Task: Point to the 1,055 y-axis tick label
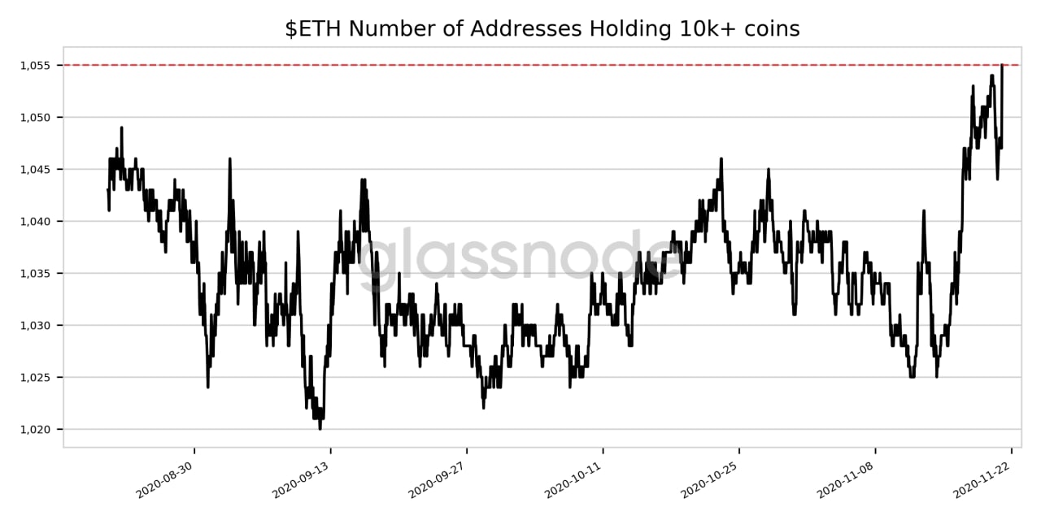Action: click(x=35, y=66)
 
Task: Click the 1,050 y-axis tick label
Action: click(x=35, y=118)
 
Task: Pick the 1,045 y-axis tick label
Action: click(x=35, y=170)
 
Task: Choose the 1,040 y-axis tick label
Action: click(x=35, y=222)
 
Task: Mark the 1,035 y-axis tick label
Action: click(x=35, y=274)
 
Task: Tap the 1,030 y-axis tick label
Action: click(x=35, y=326)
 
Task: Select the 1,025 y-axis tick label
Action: click(x=35, y=378)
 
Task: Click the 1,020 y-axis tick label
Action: click(x=35, y=430)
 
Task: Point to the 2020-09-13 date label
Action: click(x=300, y=479)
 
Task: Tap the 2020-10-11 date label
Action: click(x=573, y=479)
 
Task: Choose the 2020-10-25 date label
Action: click(x=708, y=479)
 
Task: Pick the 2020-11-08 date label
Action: click(x=845, y=479)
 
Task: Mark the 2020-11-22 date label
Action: click(x=981, y=479)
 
